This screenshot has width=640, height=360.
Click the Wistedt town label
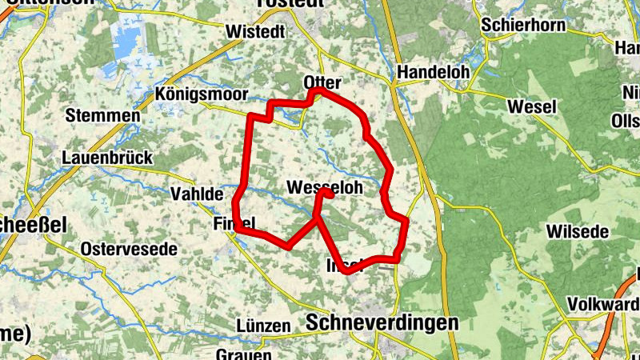tap(256, 32)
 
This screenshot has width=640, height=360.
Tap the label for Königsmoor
tap(202, 93)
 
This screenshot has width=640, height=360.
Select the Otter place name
tap(322, 83)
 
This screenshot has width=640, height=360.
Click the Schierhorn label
tap(523, 26)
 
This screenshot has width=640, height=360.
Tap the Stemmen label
tap(103, 115)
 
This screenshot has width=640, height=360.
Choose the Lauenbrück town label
tap(107, 158)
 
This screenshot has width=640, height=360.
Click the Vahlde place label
tap(196, 194)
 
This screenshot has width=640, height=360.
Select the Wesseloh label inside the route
tap(324, 187)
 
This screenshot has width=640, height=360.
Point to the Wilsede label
tap(578, 232)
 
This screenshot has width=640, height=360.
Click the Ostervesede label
tap(129, 250)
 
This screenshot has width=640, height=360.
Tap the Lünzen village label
tap(263, 326)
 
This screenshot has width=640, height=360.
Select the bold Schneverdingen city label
tap(382, 322)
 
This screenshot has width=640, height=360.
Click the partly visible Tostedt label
tap(290, 3)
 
